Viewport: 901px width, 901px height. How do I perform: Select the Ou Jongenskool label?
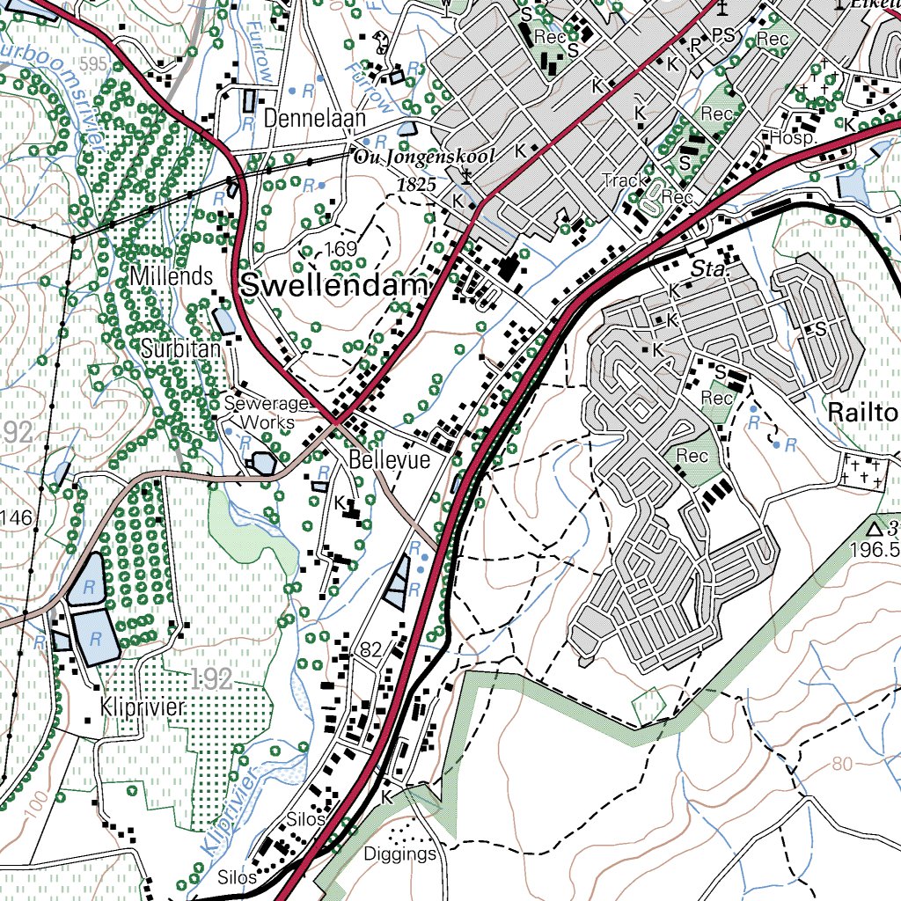pyautogui.click(x=424, y=156)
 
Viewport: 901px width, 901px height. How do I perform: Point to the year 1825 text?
pyautogui.click(x=417, y=184)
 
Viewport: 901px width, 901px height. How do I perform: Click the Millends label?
pyautogui.click(x=172, y=276)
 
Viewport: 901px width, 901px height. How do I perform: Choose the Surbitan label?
pyautogui.click(x=180, y=348)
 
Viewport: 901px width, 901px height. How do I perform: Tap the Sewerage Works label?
pyautogui.click(x=267, y=413)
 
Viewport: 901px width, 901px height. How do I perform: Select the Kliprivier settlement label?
pyautogui.click(x=143, y=707)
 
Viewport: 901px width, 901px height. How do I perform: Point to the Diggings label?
pyautogui.click(x=400, y=853)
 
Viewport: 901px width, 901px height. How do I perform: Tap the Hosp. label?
pyautogui.click(x=787, y=138)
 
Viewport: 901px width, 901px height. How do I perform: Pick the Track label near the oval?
pyautogui.click(x=624, y=180)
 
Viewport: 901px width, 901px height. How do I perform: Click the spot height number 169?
pyautogui.click(x=340, y=249)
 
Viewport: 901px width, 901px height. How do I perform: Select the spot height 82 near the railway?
pyautogui.click(x=371, y=650)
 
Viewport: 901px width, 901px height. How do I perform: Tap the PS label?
pyautogui.click(x=723, y=35)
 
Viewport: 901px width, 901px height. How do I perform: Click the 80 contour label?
pyautogui.click(x=841, y=764)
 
